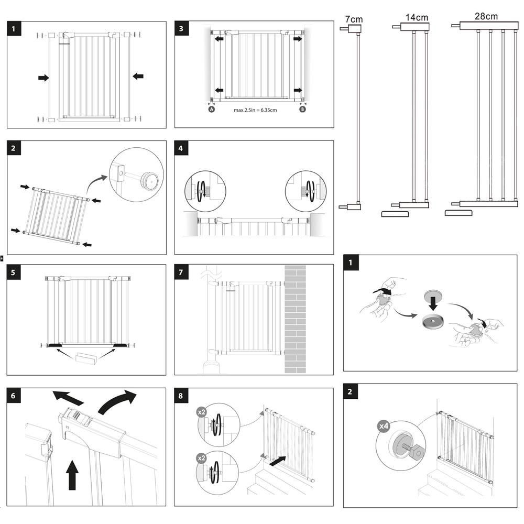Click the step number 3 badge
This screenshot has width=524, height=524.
181,28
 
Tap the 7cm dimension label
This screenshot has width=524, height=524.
354,19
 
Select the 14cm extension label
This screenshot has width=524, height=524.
417,17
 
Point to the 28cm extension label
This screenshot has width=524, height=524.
486,16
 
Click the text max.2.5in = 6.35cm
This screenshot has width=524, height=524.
255,110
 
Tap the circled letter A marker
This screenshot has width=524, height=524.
211,110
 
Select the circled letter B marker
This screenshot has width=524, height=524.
302,110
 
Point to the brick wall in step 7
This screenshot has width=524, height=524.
295,319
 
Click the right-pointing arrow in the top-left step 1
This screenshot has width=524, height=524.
43,78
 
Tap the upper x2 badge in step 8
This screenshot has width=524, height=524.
202,412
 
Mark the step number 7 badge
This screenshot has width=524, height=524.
181,272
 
